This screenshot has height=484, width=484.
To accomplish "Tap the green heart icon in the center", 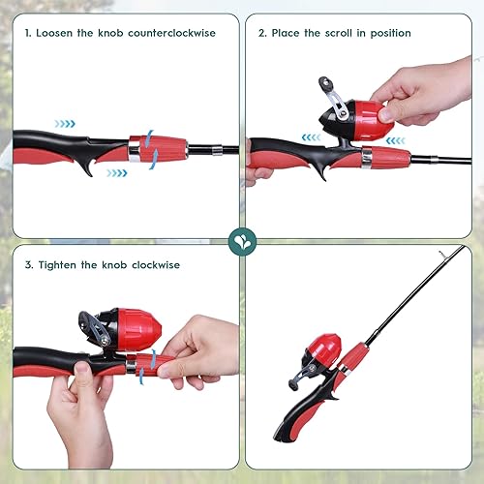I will [241, 241].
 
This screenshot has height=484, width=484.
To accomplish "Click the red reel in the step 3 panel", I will [136, 332].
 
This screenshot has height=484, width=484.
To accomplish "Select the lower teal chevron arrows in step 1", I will [116, 173].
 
